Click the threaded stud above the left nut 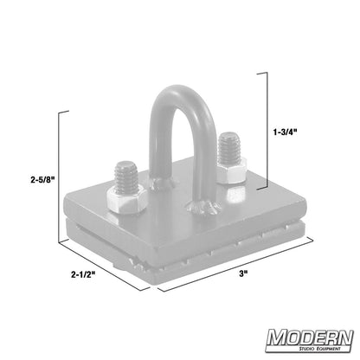123,175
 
